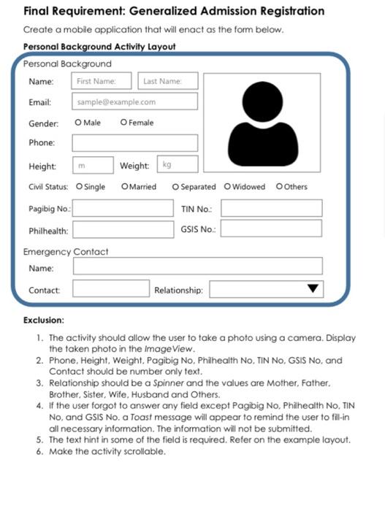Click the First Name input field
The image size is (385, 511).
tap(102, 81)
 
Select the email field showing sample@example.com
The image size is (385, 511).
tap(135, 101)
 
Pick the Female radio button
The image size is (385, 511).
tap(123, 123)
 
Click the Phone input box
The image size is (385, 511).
tap(135, 143)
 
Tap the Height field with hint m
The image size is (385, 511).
tap(93, 166)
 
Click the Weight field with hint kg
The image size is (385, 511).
tap(178, 165)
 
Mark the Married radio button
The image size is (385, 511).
tap(124, 187)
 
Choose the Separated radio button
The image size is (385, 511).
tap(175, 187)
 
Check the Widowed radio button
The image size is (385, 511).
tap(227, 187)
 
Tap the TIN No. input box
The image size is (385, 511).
tap(271, 209)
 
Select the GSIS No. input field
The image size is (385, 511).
tap(271, 229)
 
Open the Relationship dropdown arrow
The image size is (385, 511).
tap(313, 288)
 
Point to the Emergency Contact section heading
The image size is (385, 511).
tap(66, 252)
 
